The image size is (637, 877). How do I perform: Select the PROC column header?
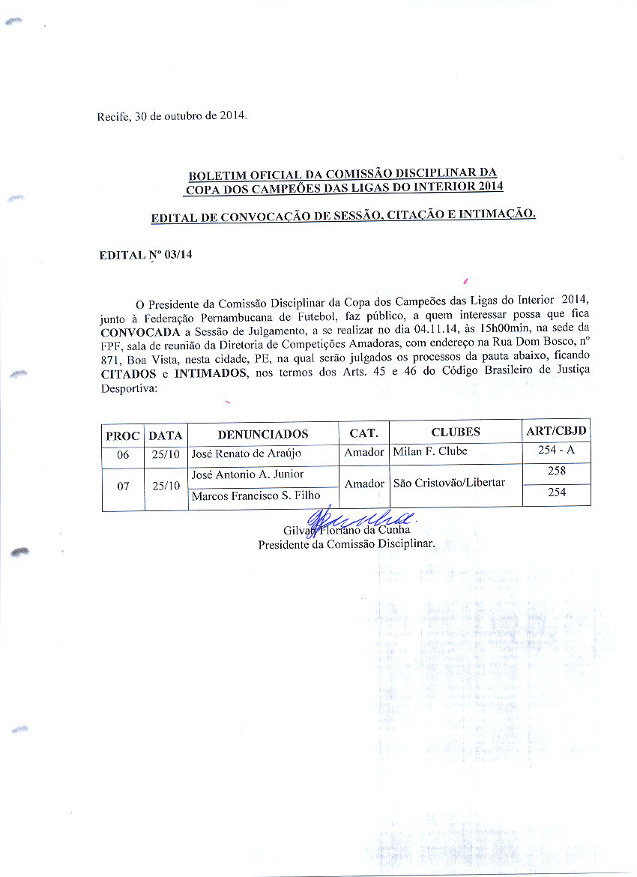123,434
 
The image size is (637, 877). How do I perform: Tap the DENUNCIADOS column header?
263,434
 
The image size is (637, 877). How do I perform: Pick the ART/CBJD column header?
556,432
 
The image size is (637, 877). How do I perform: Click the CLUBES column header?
455,433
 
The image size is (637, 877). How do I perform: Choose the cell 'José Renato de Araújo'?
246,453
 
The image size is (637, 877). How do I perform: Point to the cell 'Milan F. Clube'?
429,451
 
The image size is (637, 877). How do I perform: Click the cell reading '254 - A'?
556,450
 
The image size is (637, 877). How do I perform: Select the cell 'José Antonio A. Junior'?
247,474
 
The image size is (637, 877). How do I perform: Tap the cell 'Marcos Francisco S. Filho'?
256,495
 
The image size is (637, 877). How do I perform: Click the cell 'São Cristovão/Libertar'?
449,483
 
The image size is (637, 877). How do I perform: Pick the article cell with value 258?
556,471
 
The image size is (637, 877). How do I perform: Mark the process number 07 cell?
123,486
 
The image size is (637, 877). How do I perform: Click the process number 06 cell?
123,454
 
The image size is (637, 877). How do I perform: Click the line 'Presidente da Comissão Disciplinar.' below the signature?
346,544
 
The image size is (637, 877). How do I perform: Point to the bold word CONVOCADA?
140,331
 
